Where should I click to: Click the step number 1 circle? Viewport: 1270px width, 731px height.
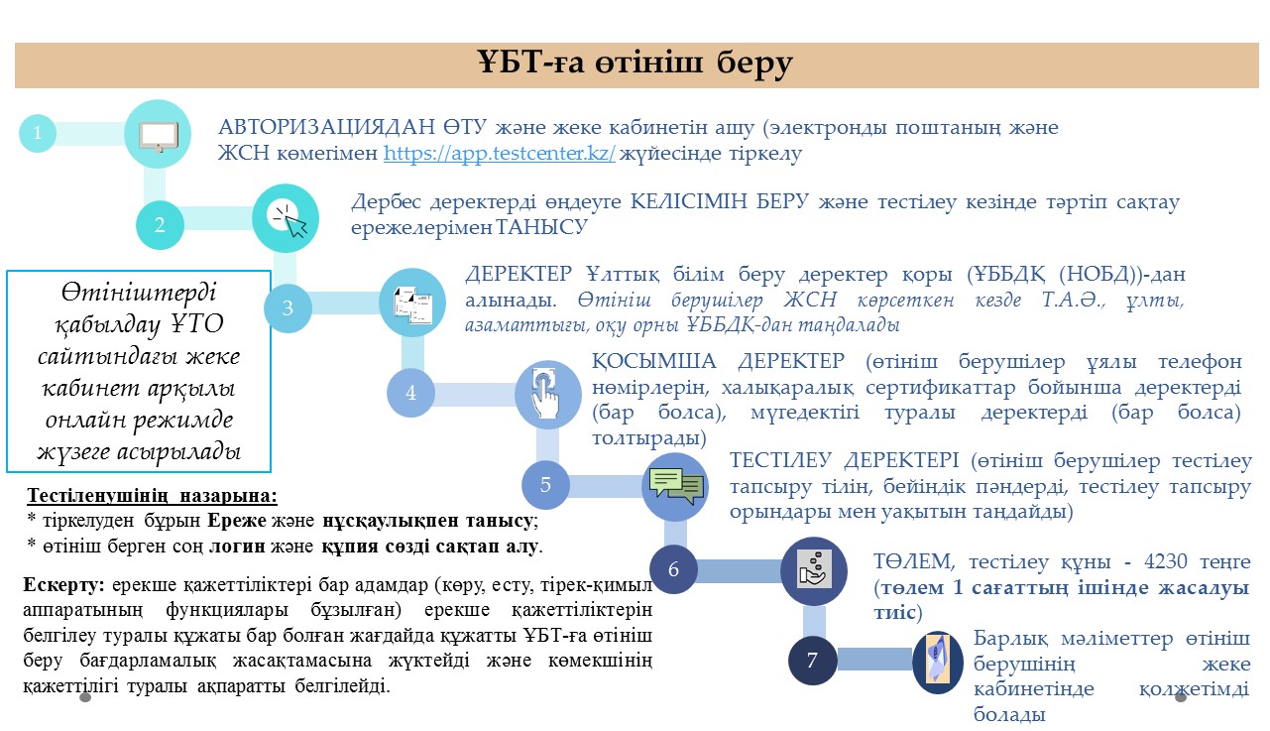(38, 133)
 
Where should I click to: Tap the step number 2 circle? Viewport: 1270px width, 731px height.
(160, 225)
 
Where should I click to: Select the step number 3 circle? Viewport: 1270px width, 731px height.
(288, 307)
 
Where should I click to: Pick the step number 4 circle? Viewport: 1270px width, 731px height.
(410, 393)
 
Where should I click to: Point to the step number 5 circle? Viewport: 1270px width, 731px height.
(545, 485)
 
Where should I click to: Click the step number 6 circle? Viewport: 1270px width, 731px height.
(673, 569)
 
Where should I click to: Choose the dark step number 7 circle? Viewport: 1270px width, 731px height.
(812, 661)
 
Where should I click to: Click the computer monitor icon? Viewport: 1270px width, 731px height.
(159, 137)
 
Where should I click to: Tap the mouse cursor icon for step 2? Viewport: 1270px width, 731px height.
(289, 220)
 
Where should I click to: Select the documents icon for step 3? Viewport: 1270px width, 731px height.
(412, 305)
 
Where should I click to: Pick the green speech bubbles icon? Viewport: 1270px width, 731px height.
(676, 485)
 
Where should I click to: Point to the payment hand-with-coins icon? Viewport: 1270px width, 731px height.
(815, 569)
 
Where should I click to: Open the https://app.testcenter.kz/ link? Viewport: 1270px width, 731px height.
(499, 153)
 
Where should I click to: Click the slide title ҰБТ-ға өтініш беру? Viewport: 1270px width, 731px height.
(635, 62)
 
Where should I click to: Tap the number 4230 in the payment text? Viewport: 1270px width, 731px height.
(1166, 561)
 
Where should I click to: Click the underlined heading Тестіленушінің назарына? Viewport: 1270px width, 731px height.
(152, 496)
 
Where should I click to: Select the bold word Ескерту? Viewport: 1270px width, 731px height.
(63, 585)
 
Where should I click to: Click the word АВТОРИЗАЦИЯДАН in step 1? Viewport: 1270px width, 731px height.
(326, 127)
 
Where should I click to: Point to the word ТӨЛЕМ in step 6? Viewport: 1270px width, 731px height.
(914, 561)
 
